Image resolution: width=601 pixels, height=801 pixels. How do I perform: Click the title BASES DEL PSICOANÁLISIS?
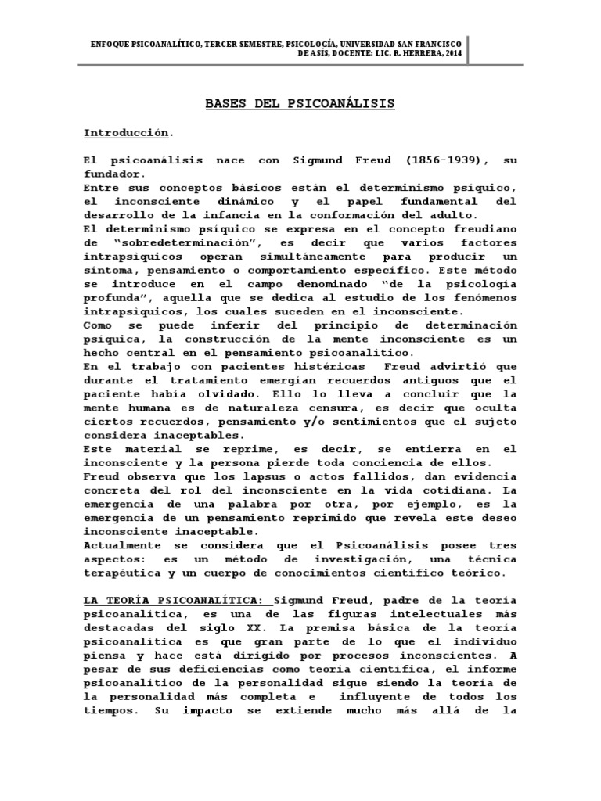point(300,103)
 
